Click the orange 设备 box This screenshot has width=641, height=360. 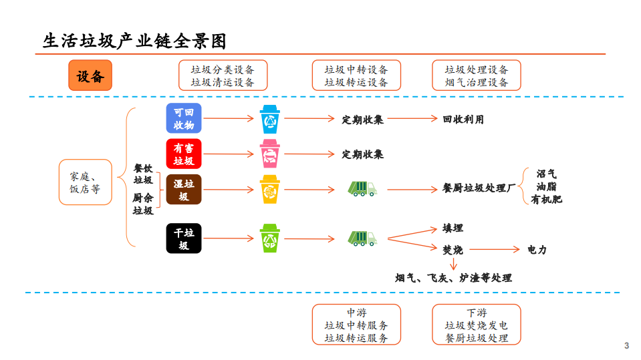(x=90, y=75)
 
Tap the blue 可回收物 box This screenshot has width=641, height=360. (x=184, y=118)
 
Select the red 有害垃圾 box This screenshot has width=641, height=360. (x=184, y=154)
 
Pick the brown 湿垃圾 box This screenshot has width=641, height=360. (x=184, y=190)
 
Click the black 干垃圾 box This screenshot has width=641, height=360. (x=184, y=239)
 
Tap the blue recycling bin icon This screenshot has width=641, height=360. (x=271, y=119)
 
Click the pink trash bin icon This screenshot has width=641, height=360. (x=270, y=154)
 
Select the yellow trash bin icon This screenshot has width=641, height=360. (x=270, y=190)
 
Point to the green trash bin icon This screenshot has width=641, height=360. (x=270, y=238)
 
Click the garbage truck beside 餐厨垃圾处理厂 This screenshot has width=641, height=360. (x=362, y=189)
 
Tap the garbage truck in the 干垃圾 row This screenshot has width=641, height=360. (x=362, y=238)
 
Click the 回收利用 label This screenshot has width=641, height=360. (x=463, y=120)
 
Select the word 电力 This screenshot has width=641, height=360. (x=537, y=250)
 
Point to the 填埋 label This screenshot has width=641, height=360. (x=453, y=228)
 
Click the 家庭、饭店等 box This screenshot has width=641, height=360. (x=85, y=182)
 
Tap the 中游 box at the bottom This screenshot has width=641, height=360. (x=356, y=325)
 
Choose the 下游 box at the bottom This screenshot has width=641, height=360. (x=477, y=325)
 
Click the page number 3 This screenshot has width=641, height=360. (x=626, y=345)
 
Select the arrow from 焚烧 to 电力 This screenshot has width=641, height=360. (x=495, y=250)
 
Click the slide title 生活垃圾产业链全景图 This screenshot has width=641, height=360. (x=134, y=41)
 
